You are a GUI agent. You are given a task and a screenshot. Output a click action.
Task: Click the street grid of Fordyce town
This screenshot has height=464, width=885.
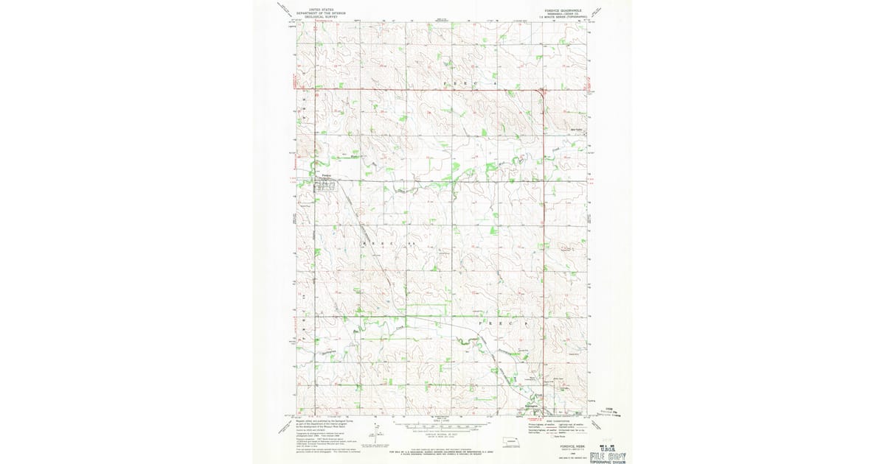[x=324, y=186]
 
